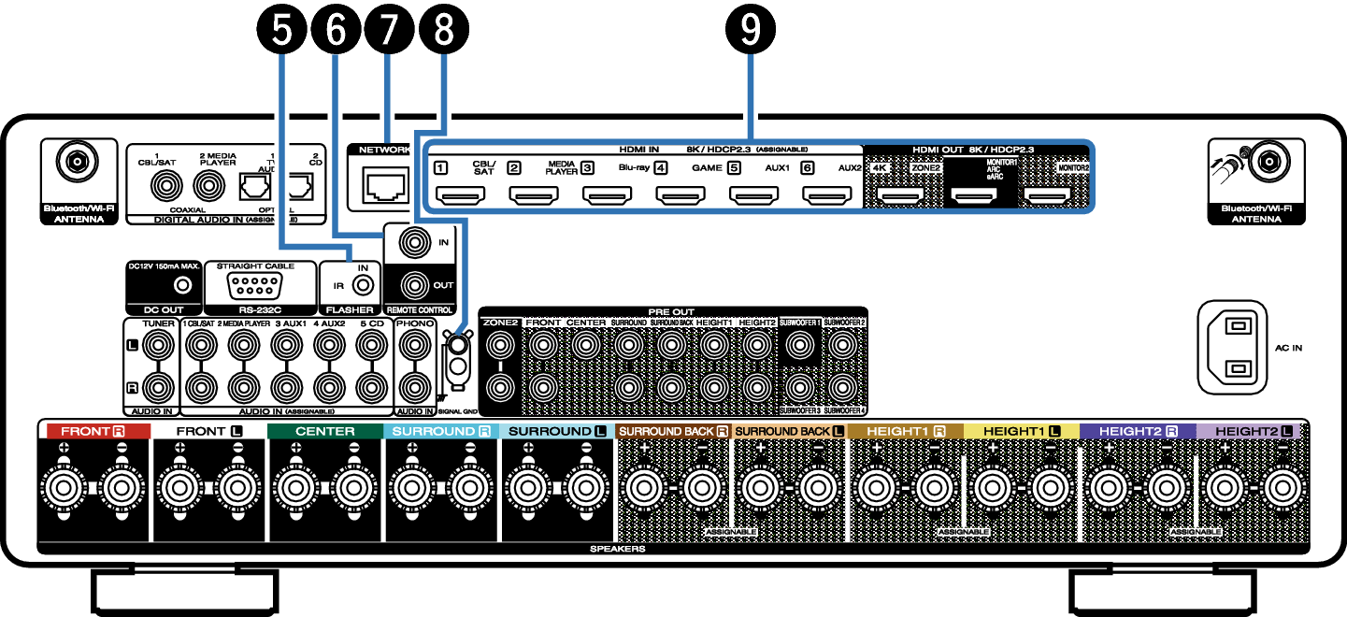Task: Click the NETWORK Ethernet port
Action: coord(386,185)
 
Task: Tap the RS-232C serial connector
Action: coord(255,284)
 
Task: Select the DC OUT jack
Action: coord(184,284)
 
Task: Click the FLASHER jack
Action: coord(362,284)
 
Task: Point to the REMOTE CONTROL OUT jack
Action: coord(415,284)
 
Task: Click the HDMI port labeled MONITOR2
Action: coord(1048,196)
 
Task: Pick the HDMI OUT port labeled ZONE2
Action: coord(902,196)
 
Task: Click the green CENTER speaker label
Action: coord(324,431)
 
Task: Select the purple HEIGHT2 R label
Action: coord(1138,431)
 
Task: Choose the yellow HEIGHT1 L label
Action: coord(1022,431)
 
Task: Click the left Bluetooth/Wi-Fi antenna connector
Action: coord(77,162)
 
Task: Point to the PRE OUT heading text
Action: coord(671,311)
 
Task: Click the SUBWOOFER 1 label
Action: coord(799,323)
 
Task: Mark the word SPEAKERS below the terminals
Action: coord(617,549)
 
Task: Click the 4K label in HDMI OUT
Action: coord(879,168)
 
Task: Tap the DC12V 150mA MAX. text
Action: coord(165,265)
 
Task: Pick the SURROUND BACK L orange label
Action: coord(789,431)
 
